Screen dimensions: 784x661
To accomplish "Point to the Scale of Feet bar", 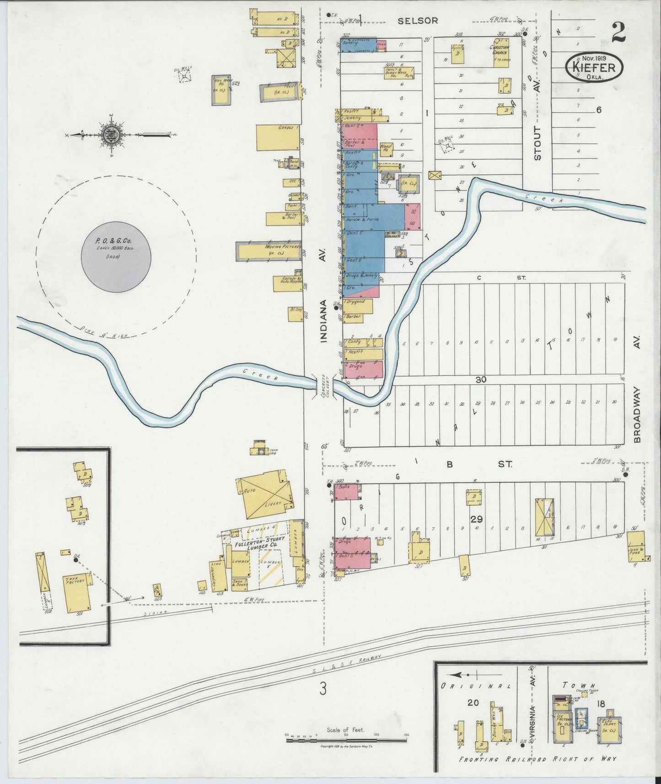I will click(345, 739).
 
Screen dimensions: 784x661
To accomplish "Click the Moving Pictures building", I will click(270, 251).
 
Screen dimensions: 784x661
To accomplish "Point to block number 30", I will click(480, 380).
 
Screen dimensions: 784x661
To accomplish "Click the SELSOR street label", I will click(418, 21).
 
